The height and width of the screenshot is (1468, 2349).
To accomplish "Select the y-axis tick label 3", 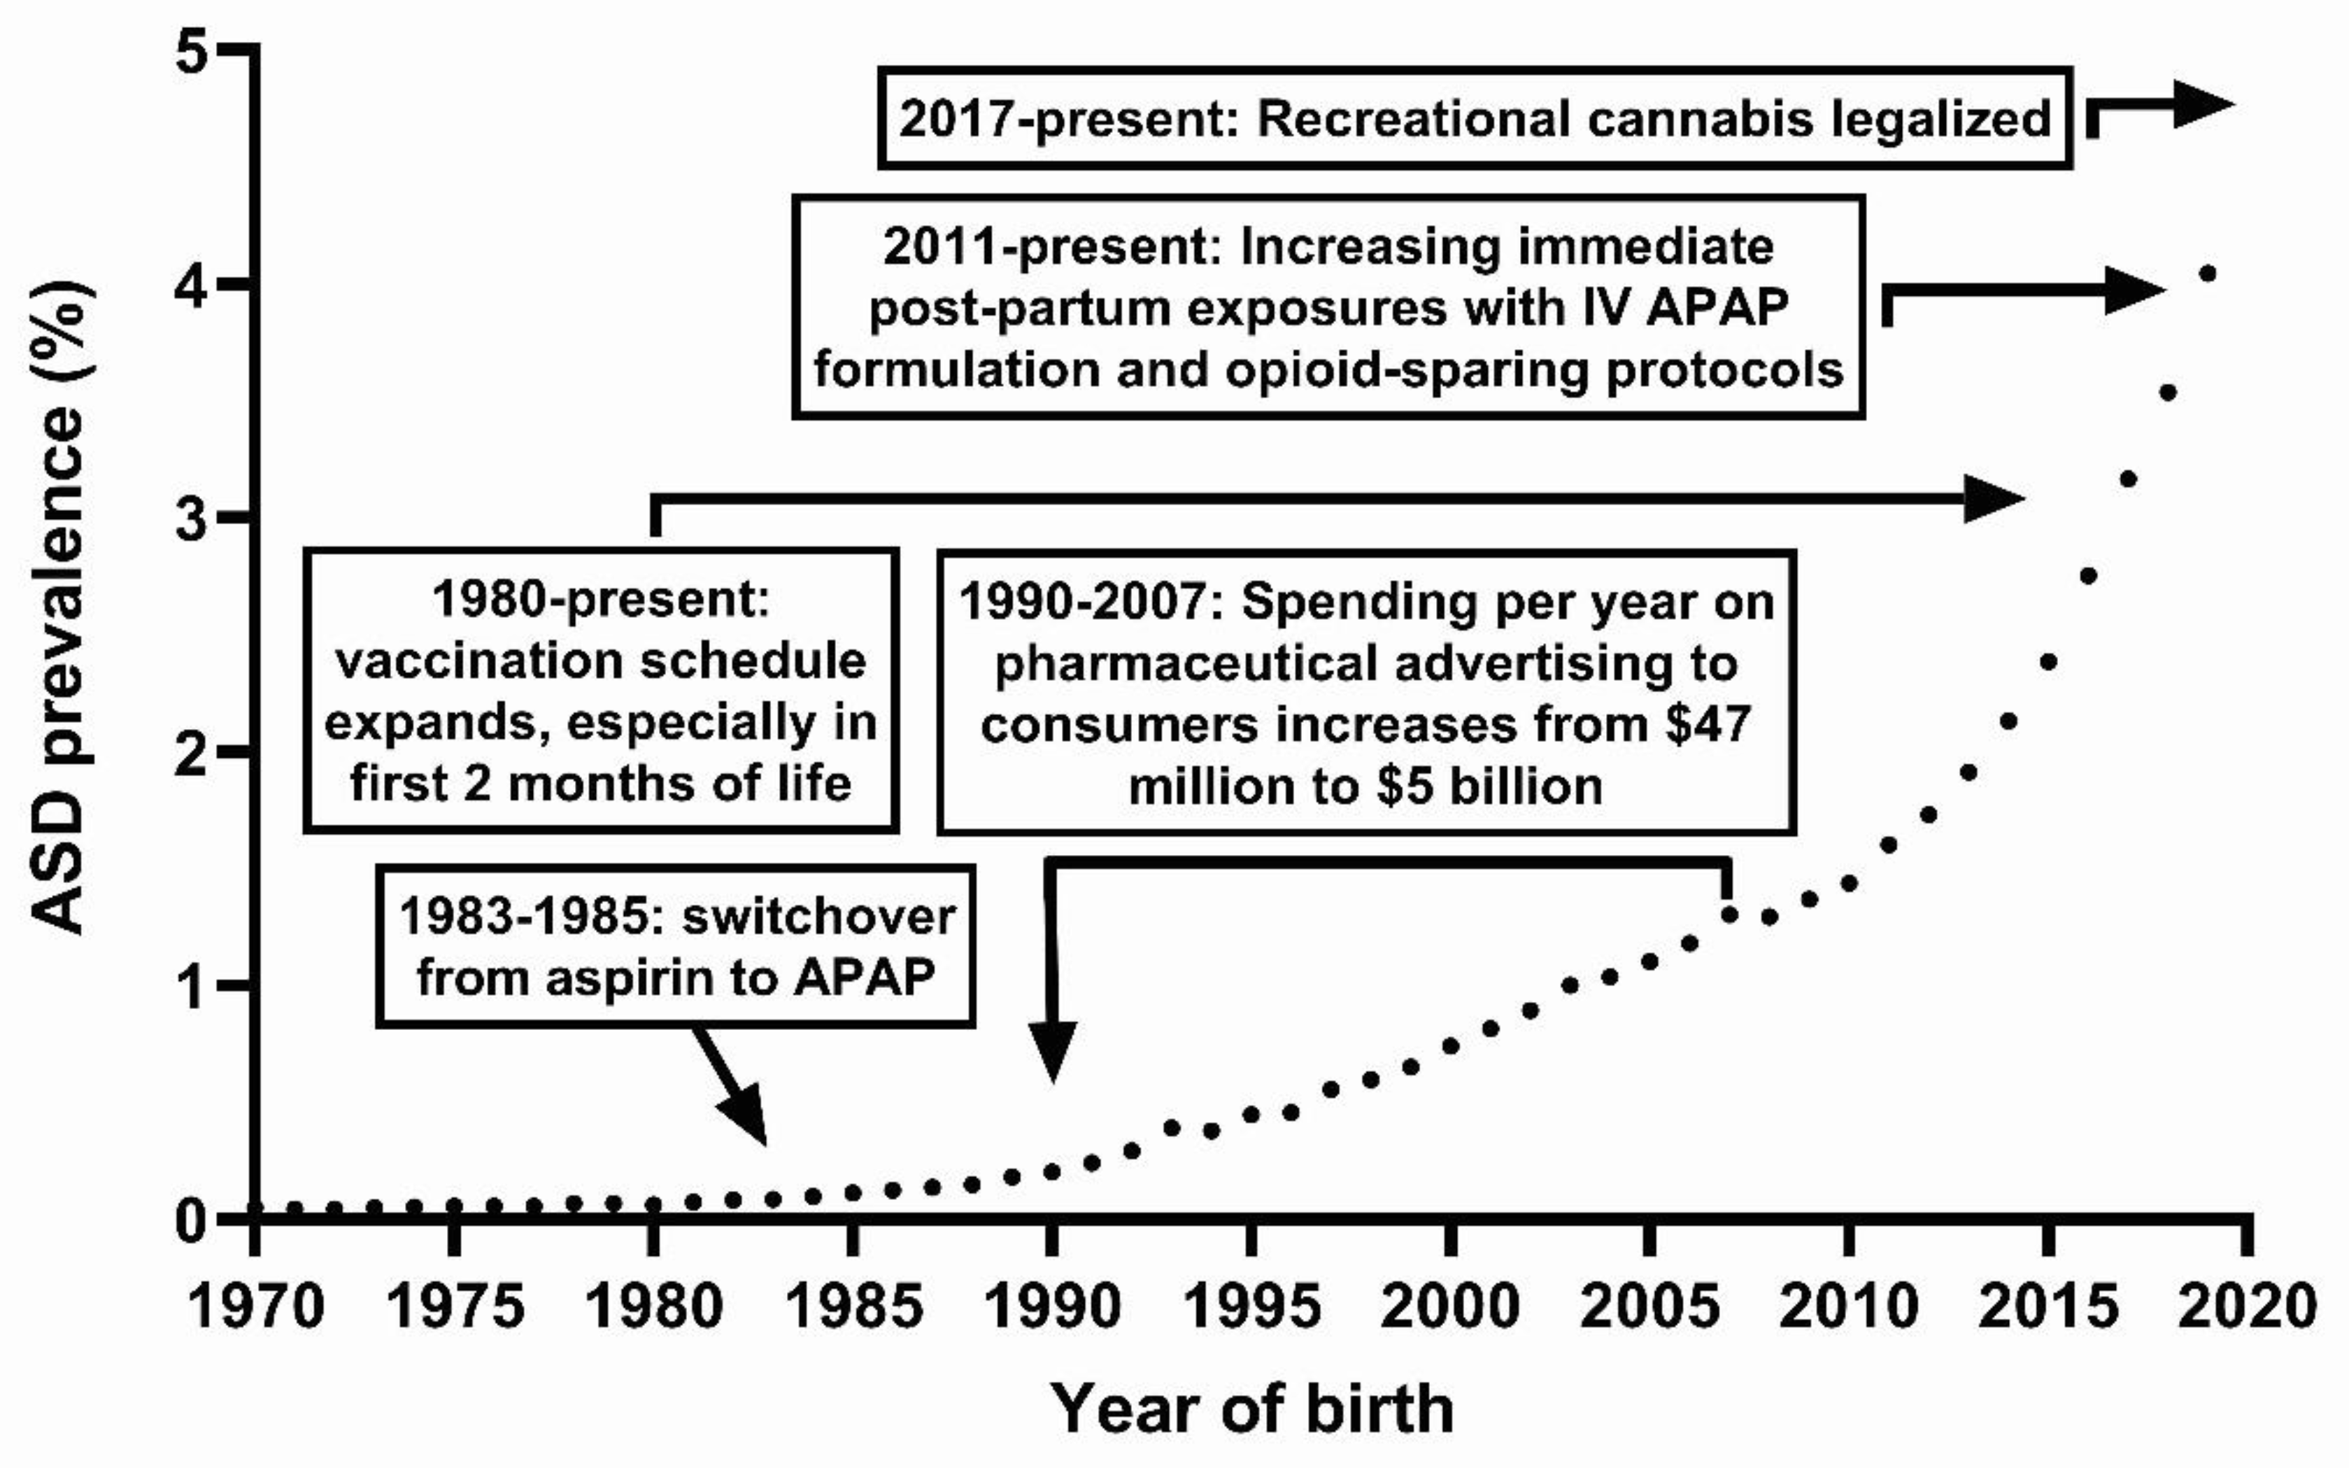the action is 194,519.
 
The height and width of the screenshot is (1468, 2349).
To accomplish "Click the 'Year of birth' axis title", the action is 1252,1409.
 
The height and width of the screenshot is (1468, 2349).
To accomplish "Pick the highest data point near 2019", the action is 2207,274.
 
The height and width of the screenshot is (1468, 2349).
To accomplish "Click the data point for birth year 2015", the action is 2048,662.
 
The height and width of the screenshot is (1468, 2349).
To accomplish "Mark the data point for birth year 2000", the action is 1450,1045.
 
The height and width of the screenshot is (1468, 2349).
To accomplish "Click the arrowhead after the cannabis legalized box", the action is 2202,104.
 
